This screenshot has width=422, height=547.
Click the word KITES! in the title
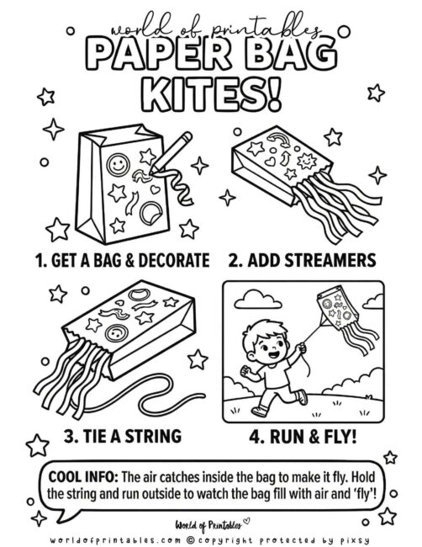pos(211,91)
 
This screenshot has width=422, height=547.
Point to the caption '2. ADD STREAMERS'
pos(312,259)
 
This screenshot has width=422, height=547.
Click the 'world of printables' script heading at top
pos(211,28)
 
